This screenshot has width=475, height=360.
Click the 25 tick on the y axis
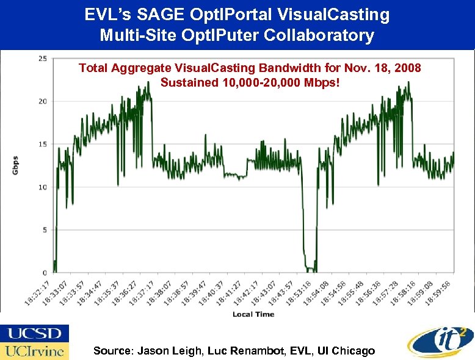42,59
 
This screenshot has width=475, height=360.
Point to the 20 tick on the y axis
42,101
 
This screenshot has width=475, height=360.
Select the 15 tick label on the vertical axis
42,144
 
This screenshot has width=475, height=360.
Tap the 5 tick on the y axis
44,230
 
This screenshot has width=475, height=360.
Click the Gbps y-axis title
15,165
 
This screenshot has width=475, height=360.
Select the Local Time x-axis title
253,314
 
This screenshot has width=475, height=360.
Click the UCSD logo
35,334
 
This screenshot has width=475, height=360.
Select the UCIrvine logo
35,351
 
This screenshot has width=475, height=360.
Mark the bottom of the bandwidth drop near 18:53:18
310,269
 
